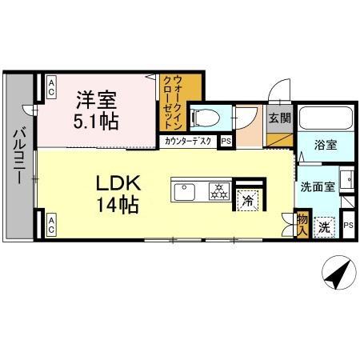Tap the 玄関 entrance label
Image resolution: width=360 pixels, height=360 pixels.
[279, 119]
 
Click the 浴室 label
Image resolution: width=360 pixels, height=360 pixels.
[325, 146]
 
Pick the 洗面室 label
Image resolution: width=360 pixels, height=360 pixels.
[316, 187]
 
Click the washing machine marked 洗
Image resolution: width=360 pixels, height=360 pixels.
[324, 226]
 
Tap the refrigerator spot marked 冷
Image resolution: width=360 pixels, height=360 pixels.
[249, 200]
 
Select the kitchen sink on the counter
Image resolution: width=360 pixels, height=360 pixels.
[183, 191]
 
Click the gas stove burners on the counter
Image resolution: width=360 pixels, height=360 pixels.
[217, 191]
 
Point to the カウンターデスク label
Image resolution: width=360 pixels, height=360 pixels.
[189, 142]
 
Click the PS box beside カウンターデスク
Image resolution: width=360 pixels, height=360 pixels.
[226, 142]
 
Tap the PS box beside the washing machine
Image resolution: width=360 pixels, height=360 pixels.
[348, 226]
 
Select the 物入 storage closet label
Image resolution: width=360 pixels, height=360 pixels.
[302, 223]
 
